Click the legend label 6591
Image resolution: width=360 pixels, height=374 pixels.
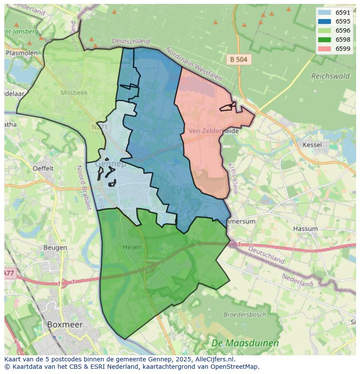coord(343,13)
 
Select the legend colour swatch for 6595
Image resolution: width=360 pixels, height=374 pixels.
coord(324,21)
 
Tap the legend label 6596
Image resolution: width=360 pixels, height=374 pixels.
coord(343,30)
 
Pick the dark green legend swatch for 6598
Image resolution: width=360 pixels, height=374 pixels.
coord(324,40)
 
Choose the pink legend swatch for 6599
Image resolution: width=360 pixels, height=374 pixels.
coord(324,49)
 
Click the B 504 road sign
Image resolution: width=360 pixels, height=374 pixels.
coord(239,60)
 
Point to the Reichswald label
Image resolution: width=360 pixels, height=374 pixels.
coord(330,76)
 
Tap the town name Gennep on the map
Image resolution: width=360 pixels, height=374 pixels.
coord(110,164)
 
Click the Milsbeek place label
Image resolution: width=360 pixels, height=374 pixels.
coord(74,93)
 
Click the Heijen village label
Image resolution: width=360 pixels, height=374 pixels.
coord(132,247)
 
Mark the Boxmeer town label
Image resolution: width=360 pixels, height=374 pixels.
coord(64,324)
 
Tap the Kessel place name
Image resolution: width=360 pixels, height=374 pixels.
coord(312,145)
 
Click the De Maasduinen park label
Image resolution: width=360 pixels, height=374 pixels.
coord(245,343)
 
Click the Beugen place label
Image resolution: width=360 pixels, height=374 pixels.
coord(55,248)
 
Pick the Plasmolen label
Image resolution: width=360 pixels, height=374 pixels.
coord(22,53)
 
